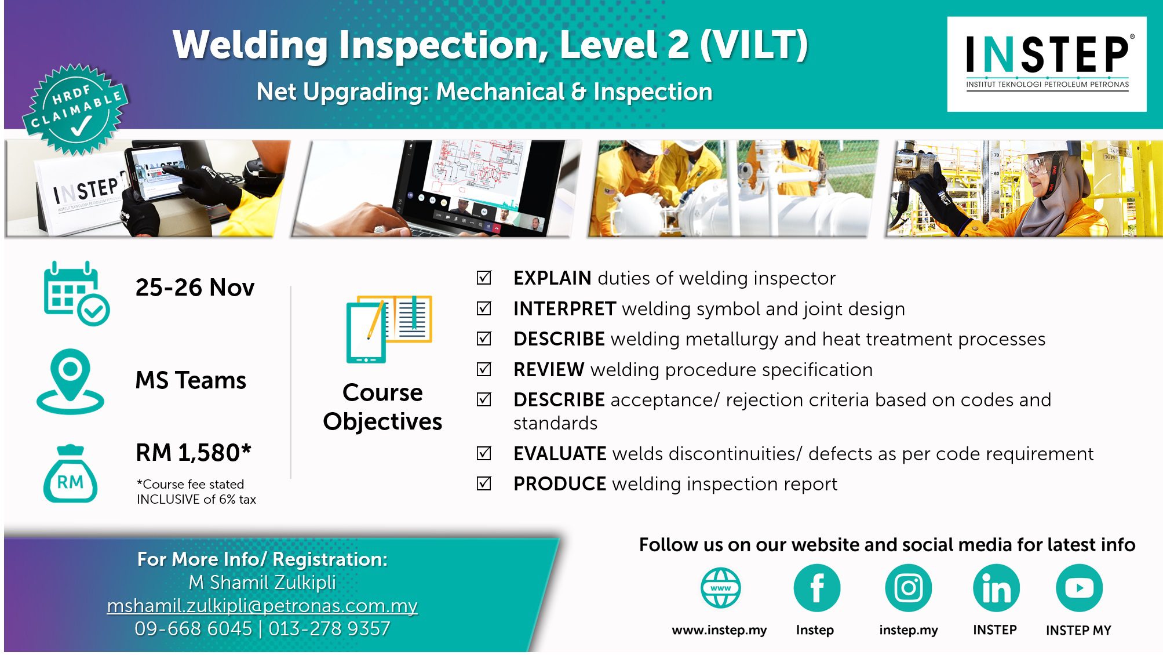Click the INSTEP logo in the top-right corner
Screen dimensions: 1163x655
tap(1047, 64)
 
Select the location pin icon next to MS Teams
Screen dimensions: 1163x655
tap(70, 381)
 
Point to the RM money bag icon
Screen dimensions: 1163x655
tap(70, 474)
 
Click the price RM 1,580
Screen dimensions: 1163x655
tap(194, 453)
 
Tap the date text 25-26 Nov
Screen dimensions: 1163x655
tap(195, 288)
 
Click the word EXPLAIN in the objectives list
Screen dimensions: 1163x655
tap(552, 278)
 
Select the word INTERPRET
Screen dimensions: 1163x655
tap(564, 309)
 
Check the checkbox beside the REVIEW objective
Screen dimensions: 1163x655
tap(484, 369)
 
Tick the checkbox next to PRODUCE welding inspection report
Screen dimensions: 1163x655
tap(484, 483)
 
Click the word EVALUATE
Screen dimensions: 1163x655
tap(560, 454)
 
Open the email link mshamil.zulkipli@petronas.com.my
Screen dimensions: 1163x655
tap(262, 606)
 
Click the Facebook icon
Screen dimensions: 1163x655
tap(816, 588)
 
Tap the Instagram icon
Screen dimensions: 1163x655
tap(908, 588)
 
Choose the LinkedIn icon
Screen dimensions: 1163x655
tap(996, 588)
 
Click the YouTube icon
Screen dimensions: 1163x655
tap(1079, 588)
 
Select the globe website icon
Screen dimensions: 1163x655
tap(720, 588)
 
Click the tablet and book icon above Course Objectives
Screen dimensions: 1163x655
tap(389, 329)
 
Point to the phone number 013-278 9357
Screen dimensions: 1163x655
tap(329, 629)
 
